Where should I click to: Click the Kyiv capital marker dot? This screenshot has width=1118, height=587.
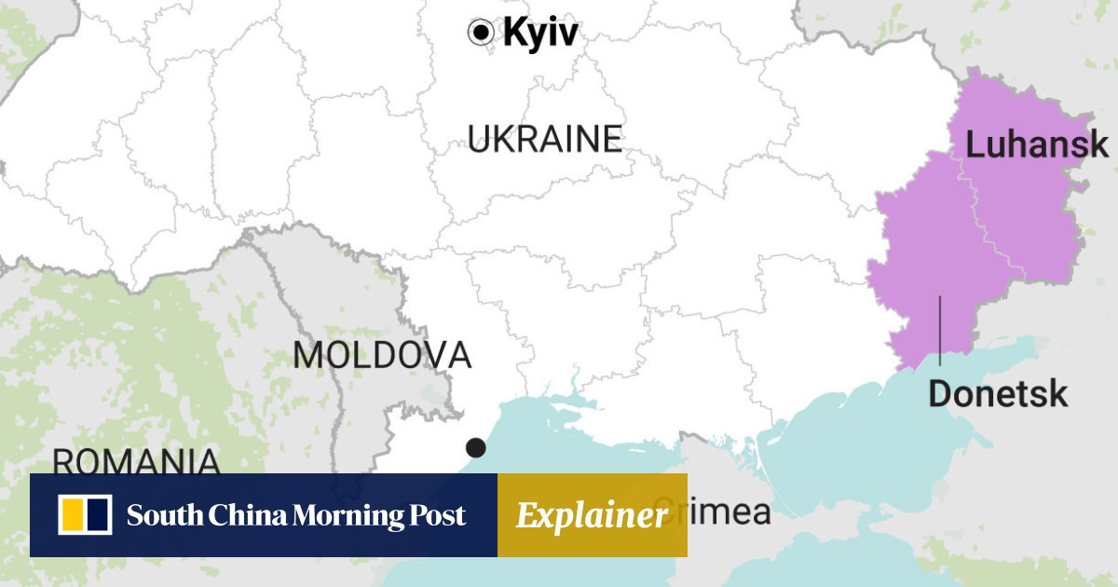(480, 33)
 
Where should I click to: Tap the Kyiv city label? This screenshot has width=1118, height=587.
(540, 34)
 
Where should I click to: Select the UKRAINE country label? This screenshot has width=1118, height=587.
(544, 140)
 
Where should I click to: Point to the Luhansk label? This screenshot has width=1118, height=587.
(1037, 145)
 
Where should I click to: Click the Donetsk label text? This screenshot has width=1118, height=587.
(998, 394)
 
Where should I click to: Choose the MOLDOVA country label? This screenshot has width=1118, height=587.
(382, 355)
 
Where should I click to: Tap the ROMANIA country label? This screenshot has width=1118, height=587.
(136, 462)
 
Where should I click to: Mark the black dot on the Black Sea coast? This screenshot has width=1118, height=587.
(476, 447)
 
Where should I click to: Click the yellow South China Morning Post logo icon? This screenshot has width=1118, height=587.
(85, 515)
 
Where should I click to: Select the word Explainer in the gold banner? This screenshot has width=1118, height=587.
(592, 515)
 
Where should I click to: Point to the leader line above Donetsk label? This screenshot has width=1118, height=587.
(940, 331)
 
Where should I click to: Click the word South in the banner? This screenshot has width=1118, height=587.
(157, 515)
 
